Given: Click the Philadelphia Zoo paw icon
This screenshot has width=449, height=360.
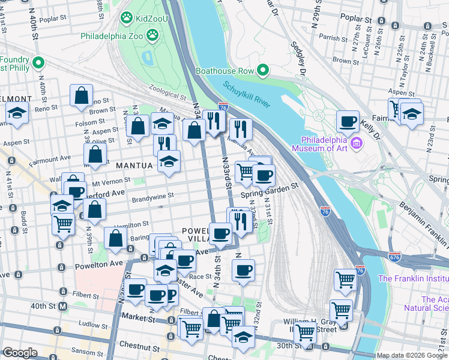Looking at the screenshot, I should coord(154,36).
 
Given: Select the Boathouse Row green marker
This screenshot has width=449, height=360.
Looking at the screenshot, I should coord(262,71).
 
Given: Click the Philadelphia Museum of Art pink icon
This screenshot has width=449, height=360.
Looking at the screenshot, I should coord(357,143).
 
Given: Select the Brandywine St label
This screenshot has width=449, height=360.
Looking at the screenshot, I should coord(153,196).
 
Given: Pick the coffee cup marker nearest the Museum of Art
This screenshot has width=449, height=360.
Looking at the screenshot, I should coord(347,122).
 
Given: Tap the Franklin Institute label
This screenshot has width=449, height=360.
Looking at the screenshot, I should coord(412,278).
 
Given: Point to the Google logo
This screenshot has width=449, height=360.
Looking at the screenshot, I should coord(20,353).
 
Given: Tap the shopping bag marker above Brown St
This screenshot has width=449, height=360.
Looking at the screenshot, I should coord(81,96).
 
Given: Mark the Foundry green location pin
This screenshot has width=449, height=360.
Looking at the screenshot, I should coord(38,62).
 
